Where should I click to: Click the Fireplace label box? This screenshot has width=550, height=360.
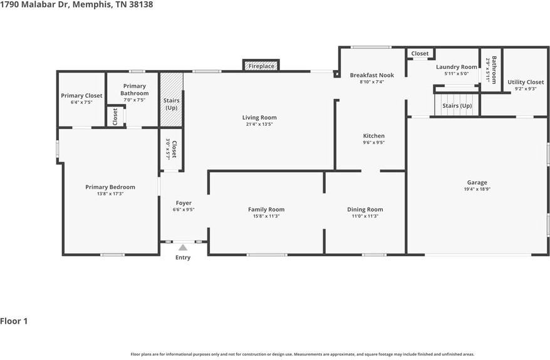[261, 66]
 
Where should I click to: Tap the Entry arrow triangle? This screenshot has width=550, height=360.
[183, 248]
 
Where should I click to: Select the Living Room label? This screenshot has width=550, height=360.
[259, 118]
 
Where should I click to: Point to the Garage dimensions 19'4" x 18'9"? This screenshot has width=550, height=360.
[477, 189]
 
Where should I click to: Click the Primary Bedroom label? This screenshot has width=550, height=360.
[110, 187]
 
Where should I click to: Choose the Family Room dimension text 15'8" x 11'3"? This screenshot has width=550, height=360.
[266, 216]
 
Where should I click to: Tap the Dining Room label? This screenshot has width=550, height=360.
[365, 210]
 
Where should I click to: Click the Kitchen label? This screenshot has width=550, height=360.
[374, 136]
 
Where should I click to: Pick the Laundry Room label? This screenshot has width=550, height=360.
[457, 67]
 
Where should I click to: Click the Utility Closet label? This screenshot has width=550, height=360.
[526, 82]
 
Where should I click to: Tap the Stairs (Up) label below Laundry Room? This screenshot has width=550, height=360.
[457, 106]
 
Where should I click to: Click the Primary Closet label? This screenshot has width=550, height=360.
[81, 96]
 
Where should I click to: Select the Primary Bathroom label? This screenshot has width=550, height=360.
[134, 90]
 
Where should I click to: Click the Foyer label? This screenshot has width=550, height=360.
[184, 203]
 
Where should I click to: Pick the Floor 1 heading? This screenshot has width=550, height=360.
[14, 321]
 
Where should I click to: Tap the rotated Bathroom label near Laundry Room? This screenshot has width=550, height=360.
[494, 69]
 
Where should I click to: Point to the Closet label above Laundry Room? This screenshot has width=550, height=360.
[420, 54]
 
